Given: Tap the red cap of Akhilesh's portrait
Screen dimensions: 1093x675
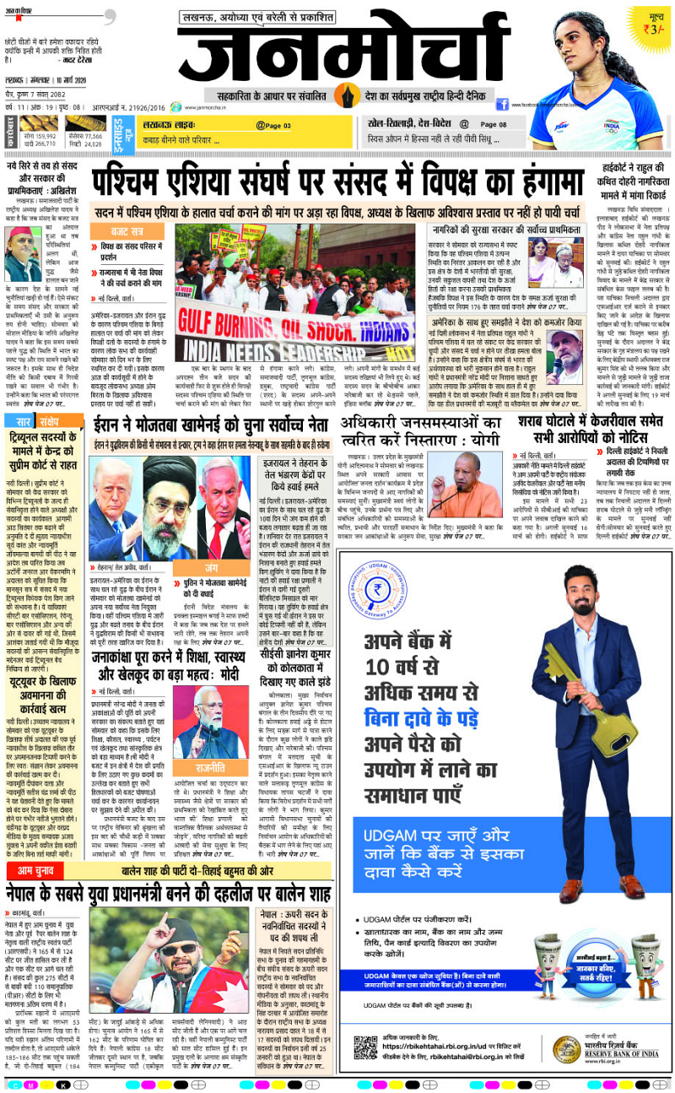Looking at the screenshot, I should point(22,231).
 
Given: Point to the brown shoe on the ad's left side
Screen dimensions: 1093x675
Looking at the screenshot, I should point(571,889).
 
